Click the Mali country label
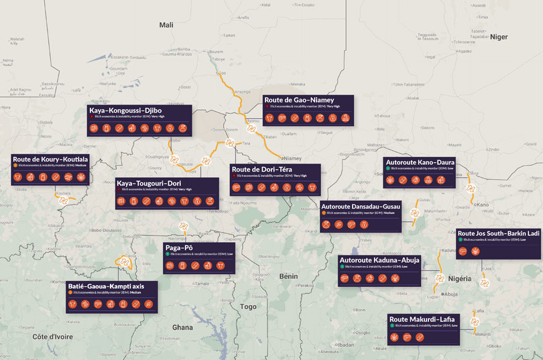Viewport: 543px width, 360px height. click(166, 25)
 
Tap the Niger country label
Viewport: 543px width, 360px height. click(499, 37)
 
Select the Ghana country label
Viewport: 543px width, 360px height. click(182, 327)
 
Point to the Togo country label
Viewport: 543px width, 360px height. click(249, 306)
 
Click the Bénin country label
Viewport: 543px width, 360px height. click(288, 276)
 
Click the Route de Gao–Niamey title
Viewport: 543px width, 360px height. click(300, 100)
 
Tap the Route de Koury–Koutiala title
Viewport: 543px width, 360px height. click(50, 159)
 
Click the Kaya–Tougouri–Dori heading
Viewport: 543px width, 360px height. click(149, 183)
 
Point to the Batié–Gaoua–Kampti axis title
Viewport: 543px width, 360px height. click(111, 286)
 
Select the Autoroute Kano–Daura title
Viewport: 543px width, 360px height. click(420, 162)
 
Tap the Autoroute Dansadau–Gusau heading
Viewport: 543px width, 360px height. click(361, 206)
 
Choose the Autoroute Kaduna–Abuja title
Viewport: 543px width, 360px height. click(379, 259)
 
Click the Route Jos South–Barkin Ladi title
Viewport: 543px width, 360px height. click(498, 233)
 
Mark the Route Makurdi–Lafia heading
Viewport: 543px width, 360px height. click(423, 319)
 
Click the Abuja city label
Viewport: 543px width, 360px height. click(450, 294)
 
